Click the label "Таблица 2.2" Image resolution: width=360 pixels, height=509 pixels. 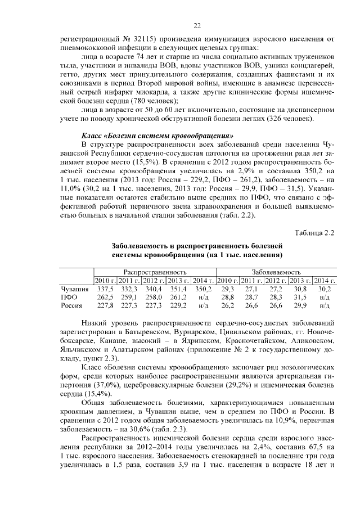pyautogui.click(x=315, y=233)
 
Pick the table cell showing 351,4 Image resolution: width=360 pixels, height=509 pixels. pyautogui.click(x=178, y=289)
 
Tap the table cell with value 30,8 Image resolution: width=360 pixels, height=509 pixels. pyautogui.click(x=300, y=289)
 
